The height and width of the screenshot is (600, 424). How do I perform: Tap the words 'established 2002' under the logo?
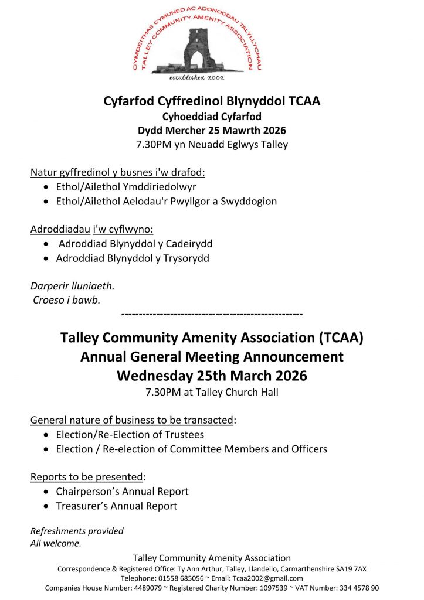(196, 77)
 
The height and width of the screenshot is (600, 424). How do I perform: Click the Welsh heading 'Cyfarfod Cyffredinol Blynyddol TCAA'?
(212, 100)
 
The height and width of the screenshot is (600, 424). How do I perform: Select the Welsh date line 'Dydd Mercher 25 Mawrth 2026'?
(212, 129)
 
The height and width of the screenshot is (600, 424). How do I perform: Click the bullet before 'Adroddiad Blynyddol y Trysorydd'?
(47, 258)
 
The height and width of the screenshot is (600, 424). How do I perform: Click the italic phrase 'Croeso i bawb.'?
(66, 301)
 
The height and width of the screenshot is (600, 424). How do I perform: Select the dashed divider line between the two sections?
(212, 315)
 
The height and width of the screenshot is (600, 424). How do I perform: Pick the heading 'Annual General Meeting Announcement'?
(212, 356)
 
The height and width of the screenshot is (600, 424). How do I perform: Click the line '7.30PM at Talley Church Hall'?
(212, 393)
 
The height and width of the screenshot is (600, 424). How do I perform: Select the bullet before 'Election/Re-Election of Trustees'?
(47, 435)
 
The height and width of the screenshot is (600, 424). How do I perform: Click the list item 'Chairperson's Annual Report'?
(122, 492)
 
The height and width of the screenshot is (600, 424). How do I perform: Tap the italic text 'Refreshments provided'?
(77, 531)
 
